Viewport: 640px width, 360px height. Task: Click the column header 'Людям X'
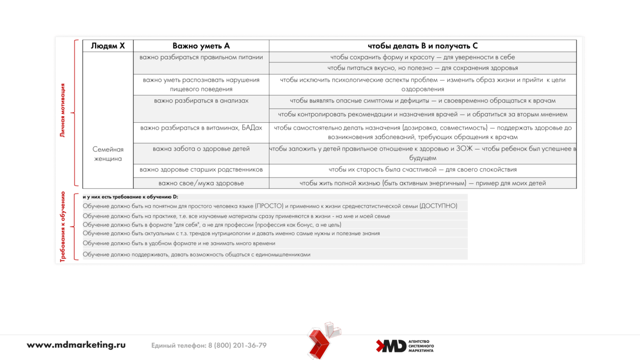(108, 46)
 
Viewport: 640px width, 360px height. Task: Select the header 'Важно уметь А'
(201, 46)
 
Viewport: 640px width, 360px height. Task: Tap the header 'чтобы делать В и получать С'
(422, 46)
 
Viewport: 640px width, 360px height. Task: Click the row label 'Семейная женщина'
(108, 154)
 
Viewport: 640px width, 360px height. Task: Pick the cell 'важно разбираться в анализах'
(201, 101)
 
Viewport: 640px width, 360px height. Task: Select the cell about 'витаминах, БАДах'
(201, 128)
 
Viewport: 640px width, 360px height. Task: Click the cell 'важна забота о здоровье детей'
(201, 149)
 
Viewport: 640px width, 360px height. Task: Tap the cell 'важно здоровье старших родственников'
(201, 169)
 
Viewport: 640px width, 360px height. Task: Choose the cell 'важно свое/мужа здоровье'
(201, 183)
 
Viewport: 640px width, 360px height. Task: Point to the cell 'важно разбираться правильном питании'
(201, 57)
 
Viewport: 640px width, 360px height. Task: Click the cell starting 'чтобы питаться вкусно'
(422, 68)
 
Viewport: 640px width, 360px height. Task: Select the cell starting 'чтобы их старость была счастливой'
(422, 169)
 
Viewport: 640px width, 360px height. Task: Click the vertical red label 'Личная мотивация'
(63, 110)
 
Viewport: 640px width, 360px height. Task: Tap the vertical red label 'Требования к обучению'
(63, 227)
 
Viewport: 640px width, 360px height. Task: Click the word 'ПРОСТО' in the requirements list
(269, 206)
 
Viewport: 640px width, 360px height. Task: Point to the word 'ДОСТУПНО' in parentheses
(438, 206)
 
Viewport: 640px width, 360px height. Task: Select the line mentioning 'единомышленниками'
(196, 254)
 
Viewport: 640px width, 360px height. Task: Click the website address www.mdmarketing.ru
(76, 345)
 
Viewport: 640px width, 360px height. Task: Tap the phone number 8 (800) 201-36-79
(237, 346)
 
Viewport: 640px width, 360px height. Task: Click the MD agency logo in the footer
(405, 346)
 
